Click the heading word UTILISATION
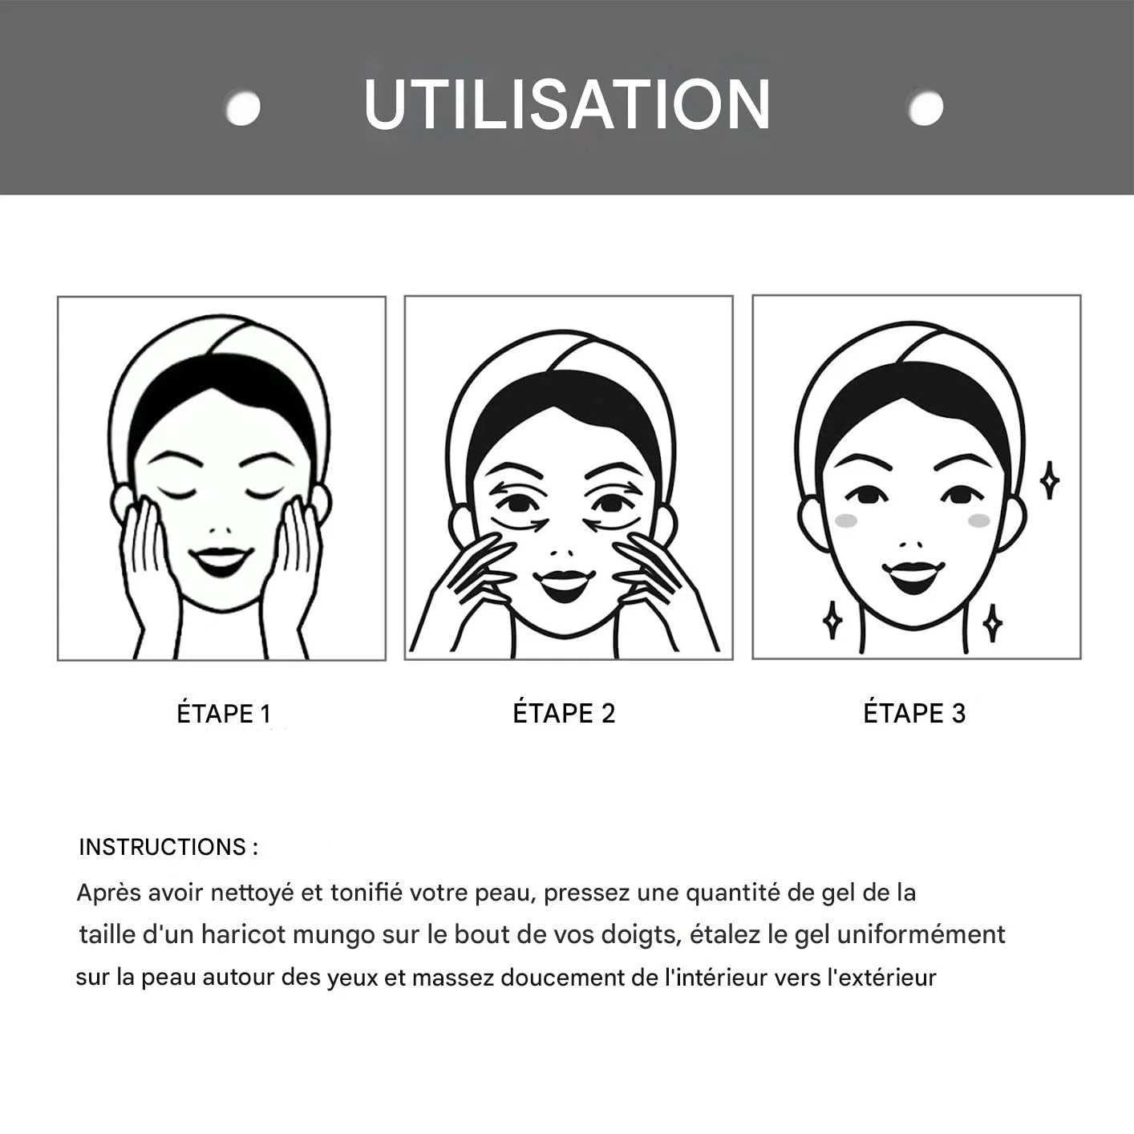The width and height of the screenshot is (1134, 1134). tap(567, 105)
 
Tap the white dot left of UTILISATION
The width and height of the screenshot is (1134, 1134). tap(243, 107)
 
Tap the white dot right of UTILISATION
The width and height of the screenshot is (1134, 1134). tap(925, 107)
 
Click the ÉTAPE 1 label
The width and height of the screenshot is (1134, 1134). tap(224, 713)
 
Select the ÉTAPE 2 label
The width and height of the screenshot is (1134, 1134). tap(564, 713)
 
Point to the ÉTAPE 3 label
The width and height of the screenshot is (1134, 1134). tap(914, 713)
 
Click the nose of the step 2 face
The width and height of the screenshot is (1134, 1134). tap(561, 553)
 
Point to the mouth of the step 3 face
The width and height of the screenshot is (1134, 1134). tap(913, 577)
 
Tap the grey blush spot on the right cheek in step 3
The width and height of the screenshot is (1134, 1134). tap(980, 520)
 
